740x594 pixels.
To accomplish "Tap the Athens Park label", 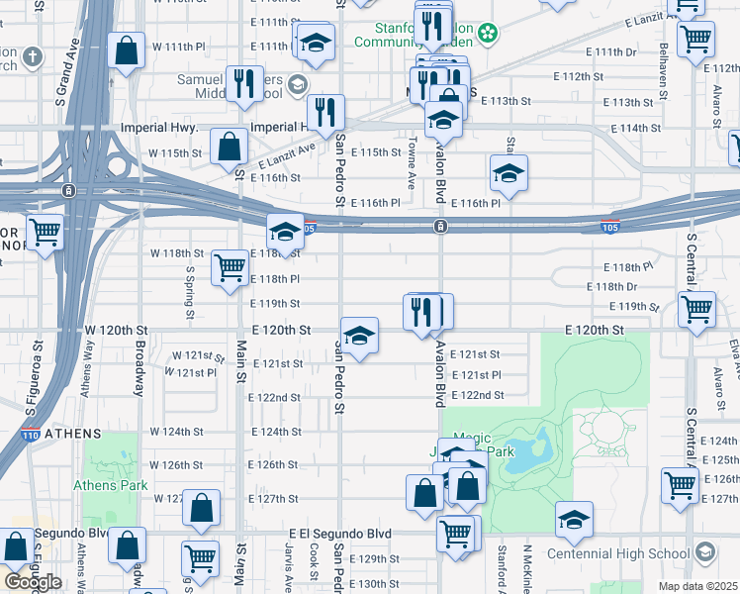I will coord(110,485).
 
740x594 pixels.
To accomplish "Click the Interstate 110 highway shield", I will coord(30,434).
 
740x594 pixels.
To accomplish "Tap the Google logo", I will coord(33,582).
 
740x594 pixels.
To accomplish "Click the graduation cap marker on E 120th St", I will coord(359,335).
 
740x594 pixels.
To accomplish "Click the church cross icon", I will coord(32,56).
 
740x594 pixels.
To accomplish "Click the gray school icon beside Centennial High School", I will coord(706,550).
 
